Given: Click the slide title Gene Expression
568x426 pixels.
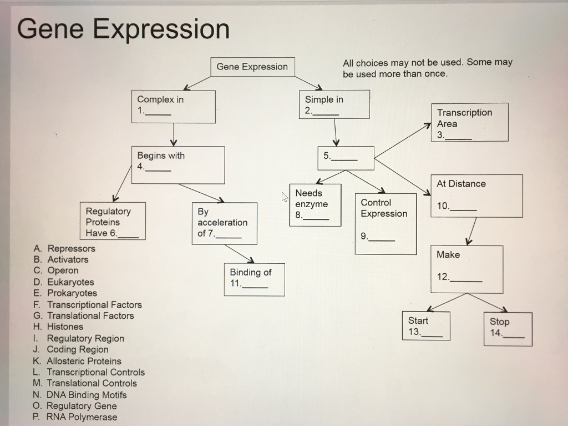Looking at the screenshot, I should click(123, 29).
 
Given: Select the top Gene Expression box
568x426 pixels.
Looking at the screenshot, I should click(252, 67).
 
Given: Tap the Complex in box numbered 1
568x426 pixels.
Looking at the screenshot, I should click(173, 106).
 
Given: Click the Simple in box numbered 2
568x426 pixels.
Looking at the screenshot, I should click(334, 104).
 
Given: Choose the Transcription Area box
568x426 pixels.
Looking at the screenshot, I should click(469, 122).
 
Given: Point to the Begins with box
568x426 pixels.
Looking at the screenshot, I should click(178, 165).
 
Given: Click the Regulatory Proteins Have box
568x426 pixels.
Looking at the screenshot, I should click(113, 221).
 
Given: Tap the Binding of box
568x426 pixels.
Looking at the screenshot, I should click(254, 279).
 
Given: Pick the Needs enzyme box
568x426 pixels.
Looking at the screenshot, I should click(315, 204).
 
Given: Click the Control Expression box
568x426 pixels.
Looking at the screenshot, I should click(386, 223).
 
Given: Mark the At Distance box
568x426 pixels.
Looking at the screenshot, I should click(479, 196).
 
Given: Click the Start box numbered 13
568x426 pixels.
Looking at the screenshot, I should click(426, 326).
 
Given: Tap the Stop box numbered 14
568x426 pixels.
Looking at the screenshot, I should click(507, 329).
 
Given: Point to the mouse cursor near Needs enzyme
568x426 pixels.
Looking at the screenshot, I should click(285, 196).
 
